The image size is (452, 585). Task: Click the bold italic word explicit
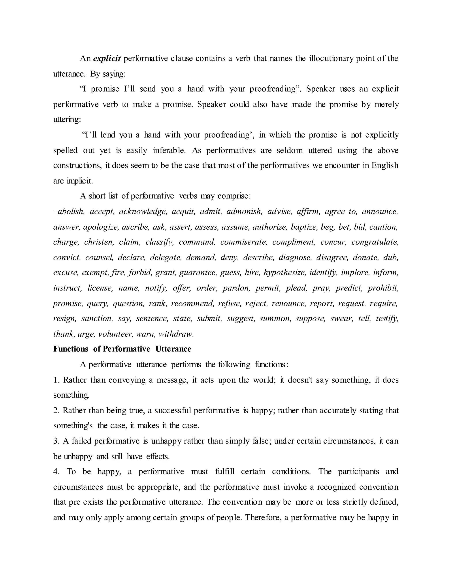pyautogui.click(x=107, y=58)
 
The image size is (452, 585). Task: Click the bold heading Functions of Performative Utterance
pyautogui.click(x=122, y=349)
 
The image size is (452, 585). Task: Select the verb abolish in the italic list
pyautogui.click(x=70, y=212)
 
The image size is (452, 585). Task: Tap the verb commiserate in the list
pyautogui.click(x=244, y=242)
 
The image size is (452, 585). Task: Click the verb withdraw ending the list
pyautogui.click(x=176, y=334)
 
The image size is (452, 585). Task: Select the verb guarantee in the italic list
pyautogui.click(x=197, y=273)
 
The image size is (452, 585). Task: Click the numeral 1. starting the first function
pyautogui.click(x=56, y=380)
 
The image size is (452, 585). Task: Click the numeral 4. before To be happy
pyautogui.click(x=56, y=472)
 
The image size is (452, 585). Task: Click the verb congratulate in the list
pyautogui.click(x=375, y=242)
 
